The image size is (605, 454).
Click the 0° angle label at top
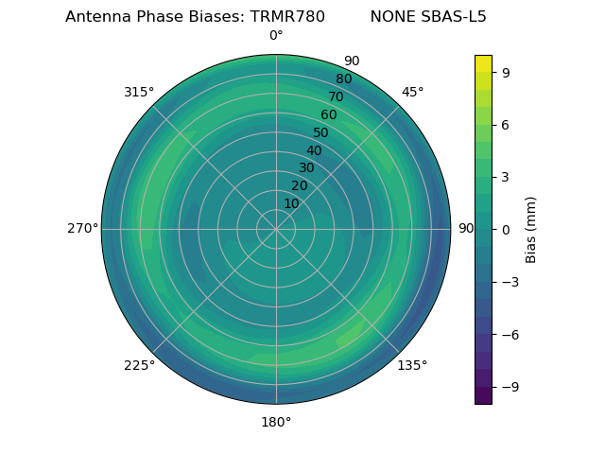point(276,36)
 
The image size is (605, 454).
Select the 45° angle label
point(412,92)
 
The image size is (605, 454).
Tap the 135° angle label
point(412,365)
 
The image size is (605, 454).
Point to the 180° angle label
point(276,422)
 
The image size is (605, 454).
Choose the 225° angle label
point(139,365)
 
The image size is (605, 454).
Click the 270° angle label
point(81,229)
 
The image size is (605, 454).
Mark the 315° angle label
point(139,92)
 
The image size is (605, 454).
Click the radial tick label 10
point(291,203)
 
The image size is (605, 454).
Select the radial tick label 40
point(314,150)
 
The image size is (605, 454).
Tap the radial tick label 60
point(328,115)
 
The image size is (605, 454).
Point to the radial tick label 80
point(343,79)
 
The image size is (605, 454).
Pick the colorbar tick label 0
point(504,229)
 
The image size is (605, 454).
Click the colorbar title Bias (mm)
point(531,229)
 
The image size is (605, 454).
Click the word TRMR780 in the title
point(287,17)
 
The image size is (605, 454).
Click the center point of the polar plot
point(276,229)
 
